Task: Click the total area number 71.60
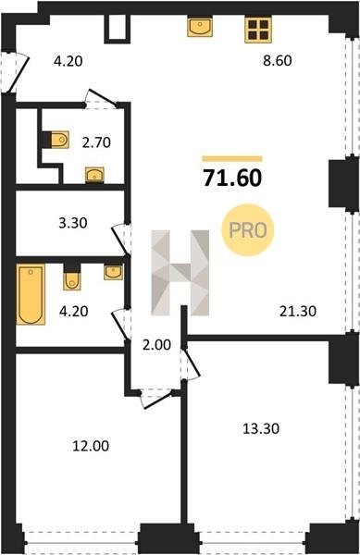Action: (x=232, y=178)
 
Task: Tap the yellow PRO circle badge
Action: (x=248, y=230)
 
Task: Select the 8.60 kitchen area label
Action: (x=278, y=60)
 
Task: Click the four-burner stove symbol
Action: (x=257, y=30)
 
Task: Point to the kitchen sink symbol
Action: (x=200, y=27)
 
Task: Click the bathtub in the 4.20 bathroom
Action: (x=31, y=294)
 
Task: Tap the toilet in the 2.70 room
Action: (x=59, y=140)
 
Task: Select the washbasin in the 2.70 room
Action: (x=95, y=174)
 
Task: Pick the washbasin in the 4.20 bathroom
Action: (x=113, y=272)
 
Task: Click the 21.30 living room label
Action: (x=298, y=312)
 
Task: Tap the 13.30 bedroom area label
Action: (x=261, y=428)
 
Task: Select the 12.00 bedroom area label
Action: (x=91, y=446)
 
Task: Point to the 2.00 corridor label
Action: (x=156, y=344)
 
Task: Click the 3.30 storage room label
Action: (x=73, y=223)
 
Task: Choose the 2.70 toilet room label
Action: (x=96, y=142)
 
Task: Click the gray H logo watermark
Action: (x=180, y=273)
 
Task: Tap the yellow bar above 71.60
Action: (x=232, y=158)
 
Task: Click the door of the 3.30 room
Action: (x=121, y=240)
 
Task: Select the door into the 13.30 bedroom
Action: (x=192, y=364)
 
